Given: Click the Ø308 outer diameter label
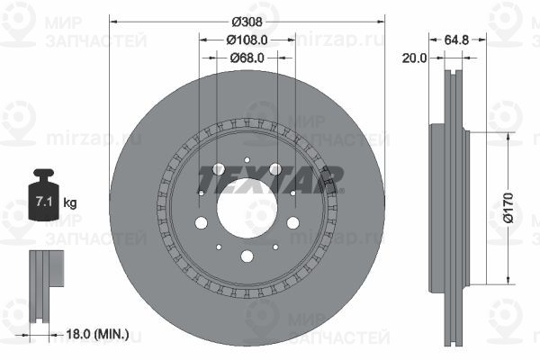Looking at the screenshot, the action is [247, 22].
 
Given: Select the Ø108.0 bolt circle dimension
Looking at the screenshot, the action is [247, 40].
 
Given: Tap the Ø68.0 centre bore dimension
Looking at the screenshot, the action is [247, 58].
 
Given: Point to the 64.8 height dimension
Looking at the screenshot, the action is [456, 40].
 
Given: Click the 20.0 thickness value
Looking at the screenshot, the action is [414, 58].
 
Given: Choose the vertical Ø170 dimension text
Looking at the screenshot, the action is [508, 208].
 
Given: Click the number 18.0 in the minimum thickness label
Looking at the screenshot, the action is [78, 334].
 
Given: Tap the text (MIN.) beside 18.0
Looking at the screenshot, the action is [112, 334].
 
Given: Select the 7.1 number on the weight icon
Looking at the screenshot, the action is [44, 202].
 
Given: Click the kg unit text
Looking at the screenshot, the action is [70, 202].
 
